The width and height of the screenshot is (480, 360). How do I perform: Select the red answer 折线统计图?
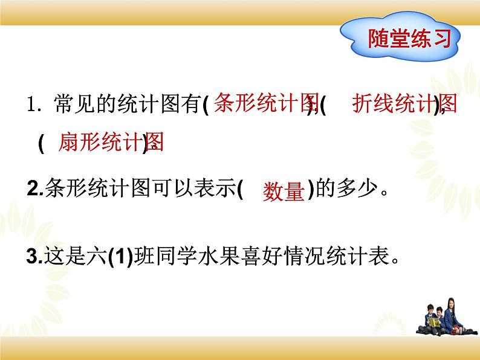404,105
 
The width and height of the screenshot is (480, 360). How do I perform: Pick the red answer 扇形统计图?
111,143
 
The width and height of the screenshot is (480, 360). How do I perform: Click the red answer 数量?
283,192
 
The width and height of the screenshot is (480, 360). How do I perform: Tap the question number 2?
33,190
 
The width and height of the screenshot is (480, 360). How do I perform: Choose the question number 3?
33,257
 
